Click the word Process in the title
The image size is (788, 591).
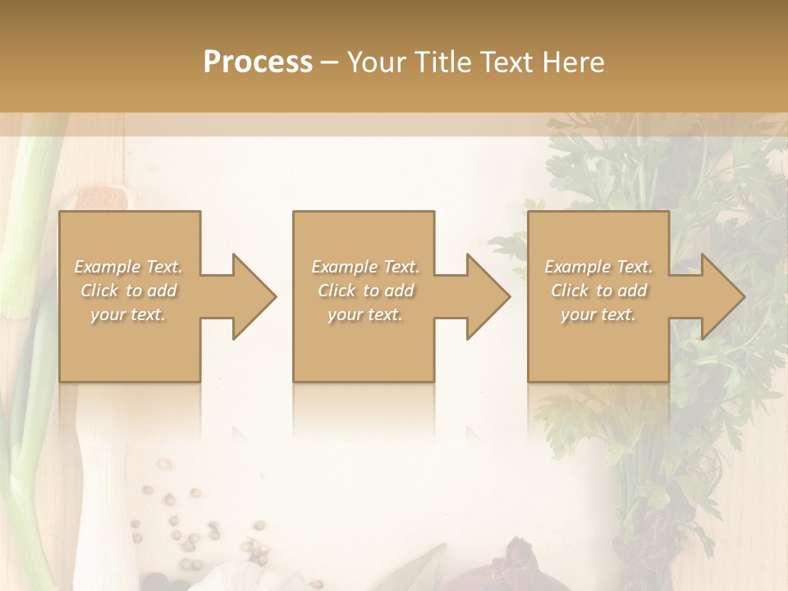click(x=258, y=62)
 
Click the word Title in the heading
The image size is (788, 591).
click(x=438, y=62)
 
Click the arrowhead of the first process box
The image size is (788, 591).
click(x=254, y=296)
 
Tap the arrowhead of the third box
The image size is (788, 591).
click(x=722, y=296)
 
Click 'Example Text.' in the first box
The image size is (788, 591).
click(x=128, y=267)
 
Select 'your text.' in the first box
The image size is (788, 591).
click(x=128, y=314)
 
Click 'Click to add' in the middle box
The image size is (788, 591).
click(x=365, y=291)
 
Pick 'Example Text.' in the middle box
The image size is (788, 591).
click(x=365, y=267)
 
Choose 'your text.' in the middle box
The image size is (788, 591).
click(x=365, y=314)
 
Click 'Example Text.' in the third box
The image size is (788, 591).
click(x=598, y=267)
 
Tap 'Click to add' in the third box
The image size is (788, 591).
click(x=598, y=291)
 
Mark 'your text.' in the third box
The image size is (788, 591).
click(x=598, y=314)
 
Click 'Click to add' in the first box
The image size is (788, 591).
click(x=128, y=291)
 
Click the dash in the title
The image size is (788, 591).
click(x=330, y=62)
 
